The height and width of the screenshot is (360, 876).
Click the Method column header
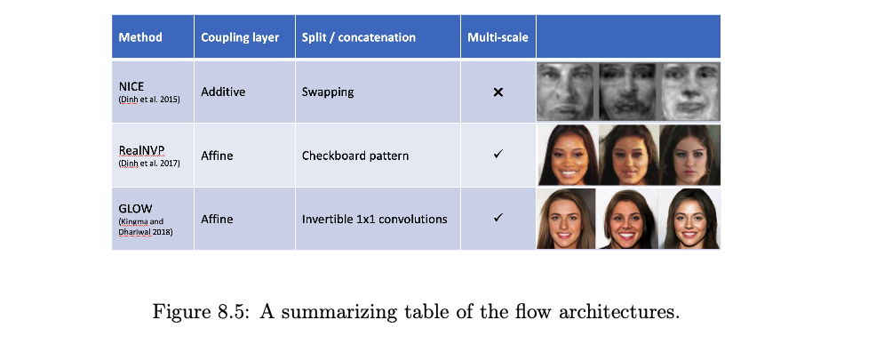tap(140, 37)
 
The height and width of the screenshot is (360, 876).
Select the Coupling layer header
tap(240, 37)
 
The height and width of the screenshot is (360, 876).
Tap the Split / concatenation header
tap(359, 37)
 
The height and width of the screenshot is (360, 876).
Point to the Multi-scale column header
tap(498, 37)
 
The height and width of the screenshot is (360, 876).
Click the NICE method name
tap(131, 86)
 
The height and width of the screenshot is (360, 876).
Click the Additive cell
tap(223, 92)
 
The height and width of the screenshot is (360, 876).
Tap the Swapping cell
tap(328, 92)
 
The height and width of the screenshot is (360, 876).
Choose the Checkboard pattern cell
tap(355, 156)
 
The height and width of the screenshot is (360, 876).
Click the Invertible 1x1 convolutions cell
tap(374, 219)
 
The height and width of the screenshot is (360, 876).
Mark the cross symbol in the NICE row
tap(498, 92)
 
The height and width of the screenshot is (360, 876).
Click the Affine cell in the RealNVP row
tap(218, 156)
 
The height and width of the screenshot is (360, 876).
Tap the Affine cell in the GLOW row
tap(218, 219)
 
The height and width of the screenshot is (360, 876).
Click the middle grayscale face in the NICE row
tap(628, 92)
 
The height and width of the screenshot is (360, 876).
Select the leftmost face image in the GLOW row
tap(566, 219)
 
